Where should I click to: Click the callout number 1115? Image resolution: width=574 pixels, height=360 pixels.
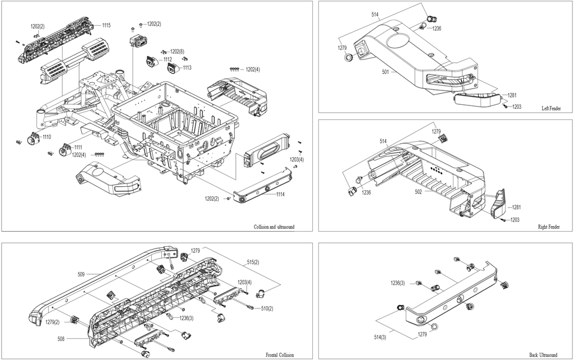106,25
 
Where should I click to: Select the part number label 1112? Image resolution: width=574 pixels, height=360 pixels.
168,59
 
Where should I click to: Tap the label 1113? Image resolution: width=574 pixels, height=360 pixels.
187,67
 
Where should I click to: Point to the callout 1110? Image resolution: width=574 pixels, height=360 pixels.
47,137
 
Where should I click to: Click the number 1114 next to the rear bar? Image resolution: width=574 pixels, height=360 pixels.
280,194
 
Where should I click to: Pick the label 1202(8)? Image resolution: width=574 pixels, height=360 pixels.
177,52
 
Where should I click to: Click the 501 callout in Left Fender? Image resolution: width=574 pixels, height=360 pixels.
386,72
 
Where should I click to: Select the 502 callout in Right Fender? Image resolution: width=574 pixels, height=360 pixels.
418,192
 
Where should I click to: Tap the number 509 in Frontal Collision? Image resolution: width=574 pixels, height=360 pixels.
81,274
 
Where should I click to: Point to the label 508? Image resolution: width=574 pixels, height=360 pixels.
61,339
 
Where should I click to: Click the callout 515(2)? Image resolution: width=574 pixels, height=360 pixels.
253,262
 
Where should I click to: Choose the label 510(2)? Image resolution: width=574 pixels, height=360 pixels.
267,308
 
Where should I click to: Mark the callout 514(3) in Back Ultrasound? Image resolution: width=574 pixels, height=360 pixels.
380,338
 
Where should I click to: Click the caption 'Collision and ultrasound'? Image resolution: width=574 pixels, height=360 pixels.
274,227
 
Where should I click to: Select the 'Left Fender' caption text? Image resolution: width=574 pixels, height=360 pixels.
551,108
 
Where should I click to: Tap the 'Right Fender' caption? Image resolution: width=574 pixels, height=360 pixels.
549,227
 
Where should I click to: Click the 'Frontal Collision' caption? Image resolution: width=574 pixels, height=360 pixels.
280,355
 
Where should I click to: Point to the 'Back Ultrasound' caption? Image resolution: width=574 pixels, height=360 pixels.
543,355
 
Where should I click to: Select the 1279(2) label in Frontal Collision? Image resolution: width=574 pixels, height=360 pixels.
52,322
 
